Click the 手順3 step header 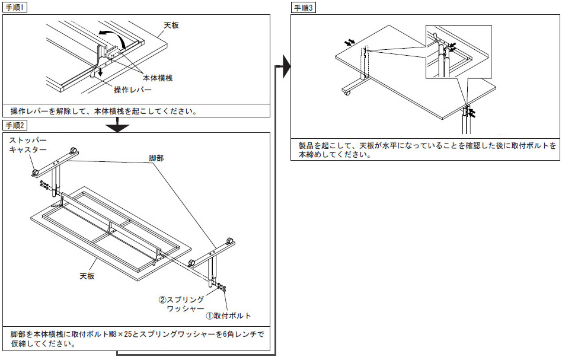pyautogui.click(x=305, y=8)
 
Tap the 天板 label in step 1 pyautogui.click(x=172, y=26)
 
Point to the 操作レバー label pyautogui.click(x=133, y=90)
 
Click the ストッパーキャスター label pyautogui.click(x=27, y=146)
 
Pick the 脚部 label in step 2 pyautogui.click(x=157, y=159)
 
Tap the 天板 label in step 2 pyautogui.click(x=88, y=276)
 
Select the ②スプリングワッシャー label pyautogui.click(x=181, y=304)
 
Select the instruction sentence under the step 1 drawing pyautogui.click(x=103, y=111)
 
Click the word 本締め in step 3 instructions pyautogui.click(x=312, y=154)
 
